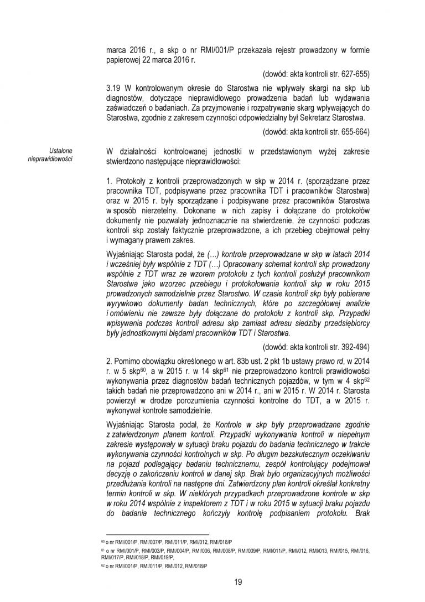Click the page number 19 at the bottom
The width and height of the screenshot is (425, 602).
(238, 582)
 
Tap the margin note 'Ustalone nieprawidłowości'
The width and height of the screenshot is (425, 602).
(57, 155)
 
